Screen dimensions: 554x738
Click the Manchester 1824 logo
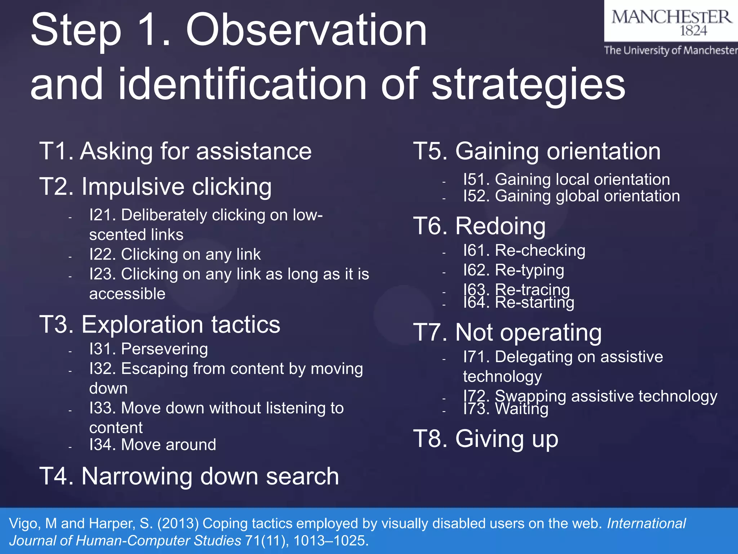[671, 22]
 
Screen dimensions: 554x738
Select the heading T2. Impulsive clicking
[155, 186]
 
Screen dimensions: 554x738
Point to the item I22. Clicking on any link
[175, 254]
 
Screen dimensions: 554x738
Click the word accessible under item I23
[127, 294]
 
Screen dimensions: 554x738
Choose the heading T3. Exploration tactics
[160, 324]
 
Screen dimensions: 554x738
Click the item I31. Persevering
[148, 349]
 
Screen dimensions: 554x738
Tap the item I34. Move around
[152, 445]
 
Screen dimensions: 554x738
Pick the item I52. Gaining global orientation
[572, 196]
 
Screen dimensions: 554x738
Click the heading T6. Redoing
[479, 226]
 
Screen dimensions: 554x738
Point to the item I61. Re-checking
[524, 250]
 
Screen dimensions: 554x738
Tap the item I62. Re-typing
[514, 270]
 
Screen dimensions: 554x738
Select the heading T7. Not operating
[507, 332]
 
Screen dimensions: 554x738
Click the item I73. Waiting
[506, 409]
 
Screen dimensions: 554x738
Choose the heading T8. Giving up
[486, 439]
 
